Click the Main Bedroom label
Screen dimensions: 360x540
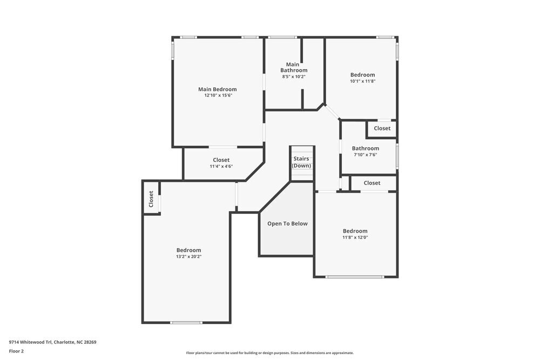(217, 89)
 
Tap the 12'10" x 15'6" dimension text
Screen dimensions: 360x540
(218, 96)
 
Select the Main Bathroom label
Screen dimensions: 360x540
(294, 67)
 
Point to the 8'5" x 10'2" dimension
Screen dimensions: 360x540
(294, 77)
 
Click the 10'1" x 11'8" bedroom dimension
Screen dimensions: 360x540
(362, 81)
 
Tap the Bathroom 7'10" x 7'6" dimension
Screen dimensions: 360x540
(365, 155)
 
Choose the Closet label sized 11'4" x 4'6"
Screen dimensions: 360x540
(221, 160)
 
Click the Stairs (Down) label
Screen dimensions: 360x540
(301, 162)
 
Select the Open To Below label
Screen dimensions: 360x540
(287, 223)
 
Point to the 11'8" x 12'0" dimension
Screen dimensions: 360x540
(355, 237)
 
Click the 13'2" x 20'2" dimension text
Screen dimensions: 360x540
(188, 257)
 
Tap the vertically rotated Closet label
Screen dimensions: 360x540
(151, 199)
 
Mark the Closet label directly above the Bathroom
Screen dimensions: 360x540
(382, 128)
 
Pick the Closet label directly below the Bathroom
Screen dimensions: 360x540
(372, 183)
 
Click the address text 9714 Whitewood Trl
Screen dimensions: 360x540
(52, 342)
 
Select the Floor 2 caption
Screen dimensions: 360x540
(16, 351)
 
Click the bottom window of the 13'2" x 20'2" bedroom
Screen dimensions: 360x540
(186, 323)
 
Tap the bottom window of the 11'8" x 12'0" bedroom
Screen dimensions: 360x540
(355, 277)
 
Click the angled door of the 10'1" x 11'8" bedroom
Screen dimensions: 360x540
(332, 112)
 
